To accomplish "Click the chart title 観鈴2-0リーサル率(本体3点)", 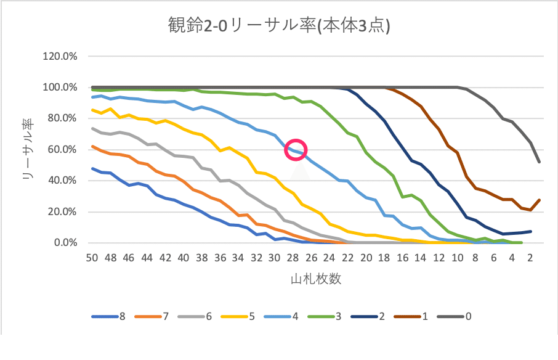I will point(278,27).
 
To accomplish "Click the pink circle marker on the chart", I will point(296,150).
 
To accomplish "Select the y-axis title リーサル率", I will point(28,150).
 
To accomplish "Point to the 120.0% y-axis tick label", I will point(60,57).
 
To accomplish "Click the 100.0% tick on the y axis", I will point(60,88).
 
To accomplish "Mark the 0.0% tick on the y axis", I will point(64,243).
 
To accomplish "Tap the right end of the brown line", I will point(540,200).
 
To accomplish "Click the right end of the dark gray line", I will point(540,162).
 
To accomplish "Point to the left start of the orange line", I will point(92,147).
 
